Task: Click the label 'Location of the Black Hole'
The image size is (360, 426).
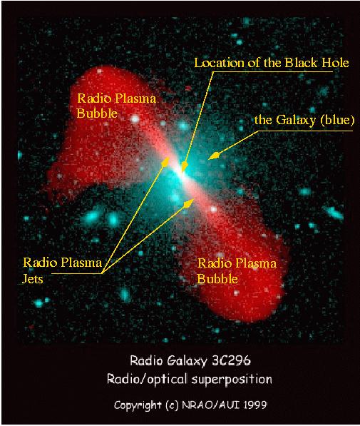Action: (x=272, y=63)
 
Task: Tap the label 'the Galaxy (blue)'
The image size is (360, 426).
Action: (x=304, y=120)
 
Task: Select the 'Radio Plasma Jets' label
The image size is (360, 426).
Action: (x=62, y=270)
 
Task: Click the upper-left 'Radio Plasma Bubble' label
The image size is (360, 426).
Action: (x=116, y=106)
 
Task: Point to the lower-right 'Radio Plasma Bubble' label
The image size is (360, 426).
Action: (x=237, y=271)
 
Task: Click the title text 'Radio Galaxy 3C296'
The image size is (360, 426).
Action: (x=190, y=360)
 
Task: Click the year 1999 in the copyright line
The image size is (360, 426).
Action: (x=255, y=405)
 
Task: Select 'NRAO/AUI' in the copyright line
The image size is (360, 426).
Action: (x=211, y=405)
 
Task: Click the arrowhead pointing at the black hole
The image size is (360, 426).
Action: (x=185, y=167)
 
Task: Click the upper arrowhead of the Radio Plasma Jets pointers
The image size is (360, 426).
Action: (x=165, y=161)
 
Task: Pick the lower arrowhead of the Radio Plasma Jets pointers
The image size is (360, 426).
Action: (x=188, y=203)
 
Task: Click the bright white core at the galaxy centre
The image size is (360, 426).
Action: (x=180, y=174)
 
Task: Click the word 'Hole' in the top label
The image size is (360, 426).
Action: (x=335, y=63)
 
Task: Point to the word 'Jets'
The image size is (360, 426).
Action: (x=33, y=279)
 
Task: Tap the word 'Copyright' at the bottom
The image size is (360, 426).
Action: (x=138, y=405)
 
